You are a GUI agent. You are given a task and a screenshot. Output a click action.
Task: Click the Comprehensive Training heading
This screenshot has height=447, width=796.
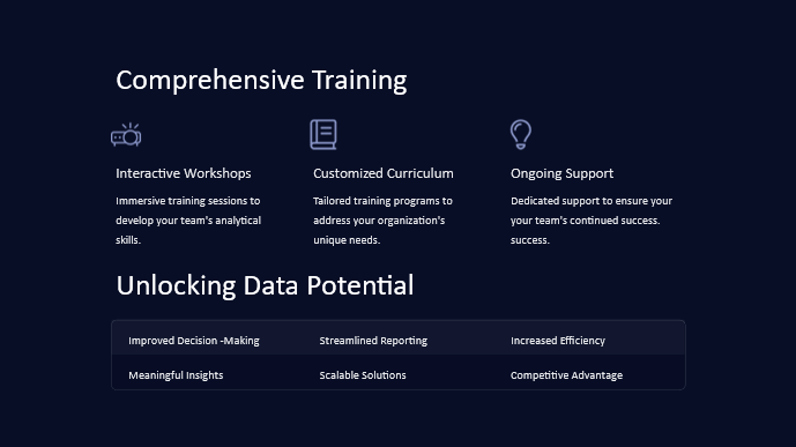(261, 80)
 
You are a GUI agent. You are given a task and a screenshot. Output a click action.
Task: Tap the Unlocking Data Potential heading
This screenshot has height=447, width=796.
(265, 286)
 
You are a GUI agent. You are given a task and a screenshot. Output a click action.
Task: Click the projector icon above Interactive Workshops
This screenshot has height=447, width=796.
(126, 135)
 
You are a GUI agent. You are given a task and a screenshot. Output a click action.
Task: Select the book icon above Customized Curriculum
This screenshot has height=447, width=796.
(323, 135)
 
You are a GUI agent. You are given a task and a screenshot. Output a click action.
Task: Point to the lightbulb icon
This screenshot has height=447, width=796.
(521, 135)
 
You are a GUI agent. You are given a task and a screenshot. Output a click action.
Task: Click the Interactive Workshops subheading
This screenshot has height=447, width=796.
(183, 173)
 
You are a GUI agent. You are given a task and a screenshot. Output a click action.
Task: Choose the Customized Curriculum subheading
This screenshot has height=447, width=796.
(383, 173)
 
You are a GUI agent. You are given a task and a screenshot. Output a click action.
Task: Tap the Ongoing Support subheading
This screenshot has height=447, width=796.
(562, 174)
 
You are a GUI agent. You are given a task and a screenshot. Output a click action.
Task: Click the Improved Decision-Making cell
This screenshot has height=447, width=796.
(194, 341)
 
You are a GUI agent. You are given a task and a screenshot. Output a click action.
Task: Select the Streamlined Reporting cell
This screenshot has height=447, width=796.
(373, 341)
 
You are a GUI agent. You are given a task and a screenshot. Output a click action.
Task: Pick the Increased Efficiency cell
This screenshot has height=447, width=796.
(558, 341)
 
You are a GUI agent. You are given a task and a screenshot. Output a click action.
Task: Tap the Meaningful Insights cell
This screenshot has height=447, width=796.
(176, 375)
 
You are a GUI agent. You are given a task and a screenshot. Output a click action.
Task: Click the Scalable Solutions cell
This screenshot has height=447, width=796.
(362, 375)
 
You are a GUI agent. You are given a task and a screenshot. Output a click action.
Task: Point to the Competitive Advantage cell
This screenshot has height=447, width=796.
(566, 375)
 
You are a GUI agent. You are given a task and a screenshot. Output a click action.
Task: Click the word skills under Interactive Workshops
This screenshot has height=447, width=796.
(128, 240)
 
